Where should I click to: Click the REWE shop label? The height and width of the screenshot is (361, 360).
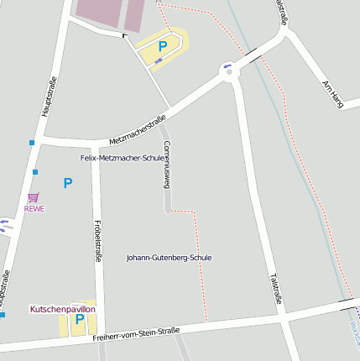[x=34, y=209]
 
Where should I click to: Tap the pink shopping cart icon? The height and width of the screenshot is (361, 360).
[x=34, y=198]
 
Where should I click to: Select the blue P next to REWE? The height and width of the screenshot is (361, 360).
[x=68, y=182]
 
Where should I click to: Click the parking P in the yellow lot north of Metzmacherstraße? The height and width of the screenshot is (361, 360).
[x=163, y=46]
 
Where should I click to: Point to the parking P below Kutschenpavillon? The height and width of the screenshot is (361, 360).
[x=80, y=319]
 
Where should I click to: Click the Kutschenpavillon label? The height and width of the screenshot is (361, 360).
[x=63, y=309]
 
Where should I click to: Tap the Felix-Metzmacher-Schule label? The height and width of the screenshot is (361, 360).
[x=123, y=157]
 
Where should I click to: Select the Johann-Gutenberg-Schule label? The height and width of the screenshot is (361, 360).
[x=169, y=257]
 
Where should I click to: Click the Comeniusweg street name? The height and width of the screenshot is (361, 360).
[x=167, y=165]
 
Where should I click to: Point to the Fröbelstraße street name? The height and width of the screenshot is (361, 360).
[x=97, y=242]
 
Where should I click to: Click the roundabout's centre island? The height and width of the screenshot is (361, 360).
[x=229, y=71]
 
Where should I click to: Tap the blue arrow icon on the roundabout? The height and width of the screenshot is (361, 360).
[x=227, y=65]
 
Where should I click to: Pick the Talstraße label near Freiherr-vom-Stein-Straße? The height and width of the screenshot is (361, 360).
[x=274, y=285]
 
